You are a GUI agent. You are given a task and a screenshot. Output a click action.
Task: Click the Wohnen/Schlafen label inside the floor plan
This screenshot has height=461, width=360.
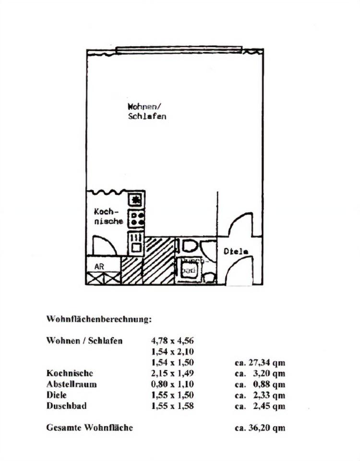tap(147, 111)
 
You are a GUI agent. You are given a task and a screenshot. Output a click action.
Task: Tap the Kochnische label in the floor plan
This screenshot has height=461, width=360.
tap(109, 216)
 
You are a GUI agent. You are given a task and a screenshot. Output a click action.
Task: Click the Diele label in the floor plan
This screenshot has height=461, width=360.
tap(236, 251)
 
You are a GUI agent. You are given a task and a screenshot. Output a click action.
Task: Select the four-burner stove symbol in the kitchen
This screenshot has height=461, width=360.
tap(136, 219)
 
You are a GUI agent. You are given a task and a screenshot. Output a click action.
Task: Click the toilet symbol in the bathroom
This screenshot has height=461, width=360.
tap(188, 246)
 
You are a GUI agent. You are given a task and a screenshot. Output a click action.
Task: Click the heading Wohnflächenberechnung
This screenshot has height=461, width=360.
tap(99, 318)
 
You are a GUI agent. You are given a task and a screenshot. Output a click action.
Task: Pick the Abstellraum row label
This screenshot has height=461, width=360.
tap(72, 384)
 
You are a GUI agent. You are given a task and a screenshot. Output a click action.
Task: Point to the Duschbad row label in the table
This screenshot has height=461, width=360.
tap(67, 406)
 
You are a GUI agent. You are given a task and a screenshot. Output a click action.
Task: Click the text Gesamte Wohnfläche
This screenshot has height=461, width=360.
tap(89, 427)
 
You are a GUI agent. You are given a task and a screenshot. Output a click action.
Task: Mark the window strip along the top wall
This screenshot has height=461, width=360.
tap(179, 49)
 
